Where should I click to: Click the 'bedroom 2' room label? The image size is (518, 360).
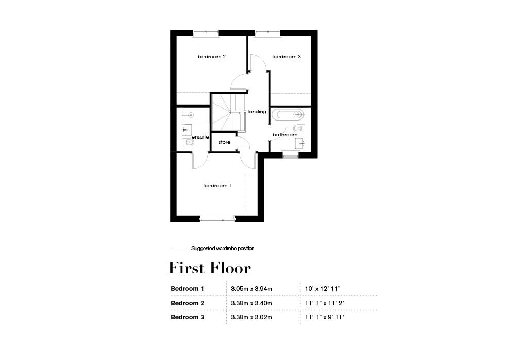coord(212,57)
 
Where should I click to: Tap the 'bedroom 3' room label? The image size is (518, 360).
coord(287,57)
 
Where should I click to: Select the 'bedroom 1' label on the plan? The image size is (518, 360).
coord(218,186)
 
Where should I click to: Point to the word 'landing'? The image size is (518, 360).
coord(257,112)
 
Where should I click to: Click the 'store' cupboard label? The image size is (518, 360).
coord(224,142)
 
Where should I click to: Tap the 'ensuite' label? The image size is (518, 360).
coord(200,137)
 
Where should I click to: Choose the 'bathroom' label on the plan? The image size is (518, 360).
coord(285,135)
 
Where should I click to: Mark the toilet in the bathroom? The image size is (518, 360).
coord(298,128)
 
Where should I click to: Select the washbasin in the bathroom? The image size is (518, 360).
coord(300,143)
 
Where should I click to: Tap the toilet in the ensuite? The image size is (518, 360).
coord(188,145)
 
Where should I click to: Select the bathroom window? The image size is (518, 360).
coord(291,155)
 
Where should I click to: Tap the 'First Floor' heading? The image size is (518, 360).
coord(210,268)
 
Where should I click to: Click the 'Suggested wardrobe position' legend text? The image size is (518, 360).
coord(223,249)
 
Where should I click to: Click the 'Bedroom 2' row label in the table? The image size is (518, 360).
coord(188,303)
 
